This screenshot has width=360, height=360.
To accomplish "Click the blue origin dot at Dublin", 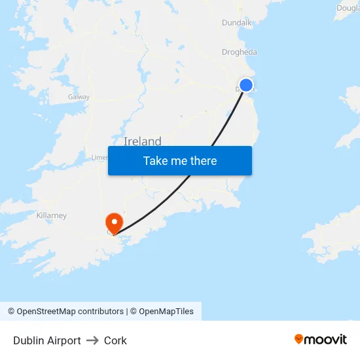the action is (246, 85).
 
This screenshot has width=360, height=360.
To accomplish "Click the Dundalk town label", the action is (236, 22).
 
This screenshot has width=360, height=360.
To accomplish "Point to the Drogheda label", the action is (239, 52).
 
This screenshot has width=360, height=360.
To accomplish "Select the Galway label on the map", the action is (79, 97).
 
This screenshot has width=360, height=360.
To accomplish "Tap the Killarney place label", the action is (52, 215).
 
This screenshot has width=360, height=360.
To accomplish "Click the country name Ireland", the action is (142, 141).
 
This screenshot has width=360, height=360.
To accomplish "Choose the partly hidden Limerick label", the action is (99, 158).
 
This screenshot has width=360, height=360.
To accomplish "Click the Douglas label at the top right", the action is (348, 9).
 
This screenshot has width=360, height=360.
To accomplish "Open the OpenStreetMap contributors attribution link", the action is (70, 312).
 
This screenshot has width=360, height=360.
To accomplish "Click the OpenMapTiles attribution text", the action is (166, 312).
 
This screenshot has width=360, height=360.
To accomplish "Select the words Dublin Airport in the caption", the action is (47, 340).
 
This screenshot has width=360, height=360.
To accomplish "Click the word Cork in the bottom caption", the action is (115, 340).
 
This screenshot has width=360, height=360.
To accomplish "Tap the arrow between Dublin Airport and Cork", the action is (92, 340).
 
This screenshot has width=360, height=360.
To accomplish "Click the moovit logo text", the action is (325, 339).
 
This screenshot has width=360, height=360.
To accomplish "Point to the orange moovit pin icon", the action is (299, 339).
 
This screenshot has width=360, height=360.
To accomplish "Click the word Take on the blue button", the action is (156, 161).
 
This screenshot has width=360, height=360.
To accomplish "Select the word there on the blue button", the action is (203, 161).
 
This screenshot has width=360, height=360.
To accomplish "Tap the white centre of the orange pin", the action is (115, 221).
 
